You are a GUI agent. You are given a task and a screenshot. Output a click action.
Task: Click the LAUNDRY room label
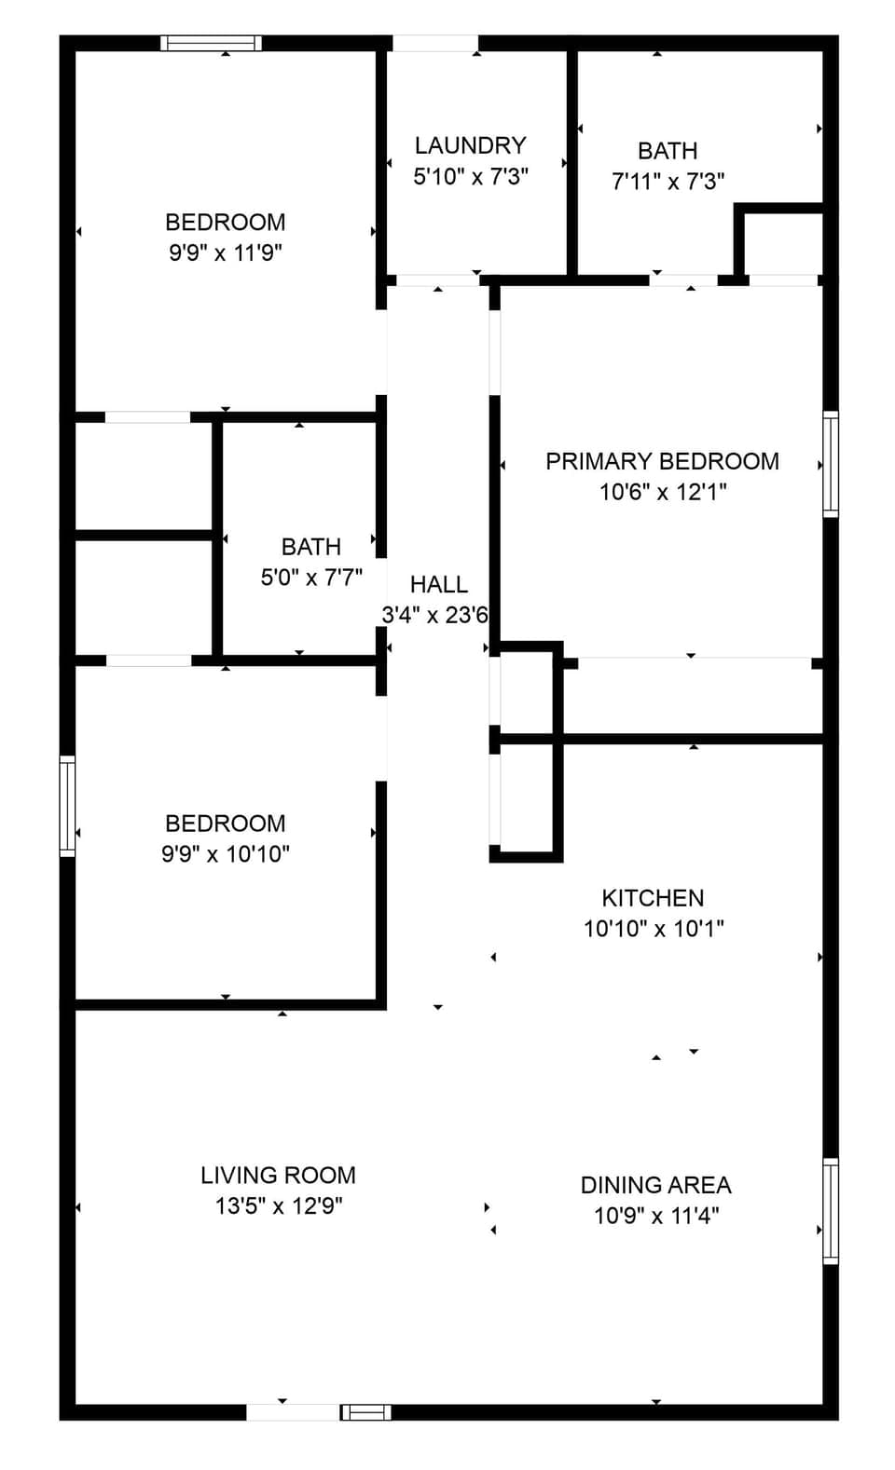(x=470, y=145)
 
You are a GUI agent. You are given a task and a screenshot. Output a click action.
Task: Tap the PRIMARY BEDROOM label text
(x=662, y=461)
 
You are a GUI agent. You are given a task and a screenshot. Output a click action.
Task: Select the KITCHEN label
(x=653, y=898)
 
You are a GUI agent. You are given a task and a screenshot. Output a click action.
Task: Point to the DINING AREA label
(x=655, y=1185)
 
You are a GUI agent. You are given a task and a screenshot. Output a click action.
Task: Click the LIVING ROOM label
(x=278, y=1176)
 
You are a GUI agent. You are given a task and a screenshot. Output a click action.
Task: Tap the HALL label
(x=438, y=584)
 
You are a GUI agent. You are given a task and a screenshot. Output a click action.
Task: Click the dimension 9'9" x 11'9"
(x=225, y=252)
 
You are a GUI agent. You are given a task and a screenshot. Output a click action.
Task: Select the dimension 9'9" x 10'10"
(x=225, y=853)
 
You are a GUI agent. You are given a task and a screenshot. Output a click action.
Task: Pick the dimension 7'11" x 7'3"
(x=668, y=181)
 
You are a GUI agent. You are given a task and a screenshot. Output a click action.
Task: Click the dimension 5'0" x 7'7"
(x=311, y=578)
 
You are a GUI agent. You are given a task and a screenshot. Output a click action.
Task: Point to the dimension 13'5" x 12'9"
(x=278, y=1205)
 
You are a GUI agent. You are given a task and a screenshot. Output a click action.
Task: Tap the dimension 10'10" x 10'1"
(x=653, y=928)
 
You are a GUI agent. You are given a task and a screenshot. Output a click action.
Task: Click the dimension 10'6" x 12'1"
(x=662, y=491)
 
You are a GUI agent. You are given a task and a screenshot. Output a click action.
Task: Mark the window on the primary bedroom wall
(x=830, y=464)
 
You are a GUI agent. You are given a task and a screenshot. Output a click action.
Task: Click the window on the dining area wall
(x=830, y=1211)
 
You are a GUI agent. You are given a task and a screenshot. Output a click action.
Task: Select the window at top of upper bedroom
(x=211, y=43)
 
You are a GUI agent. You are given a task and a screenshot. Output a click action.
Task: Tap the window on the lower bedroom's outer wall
(x=67, y=806)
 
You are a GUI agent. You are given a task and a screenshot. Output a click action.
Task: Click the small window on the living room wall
(x=365, y=1412)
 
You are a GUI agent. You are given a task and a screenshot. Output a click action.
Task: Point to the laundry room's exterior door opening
(x=434, y=43)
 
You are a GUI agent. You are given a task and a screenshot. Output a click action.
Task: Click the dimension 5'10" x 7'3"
(x=470, y=176)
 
